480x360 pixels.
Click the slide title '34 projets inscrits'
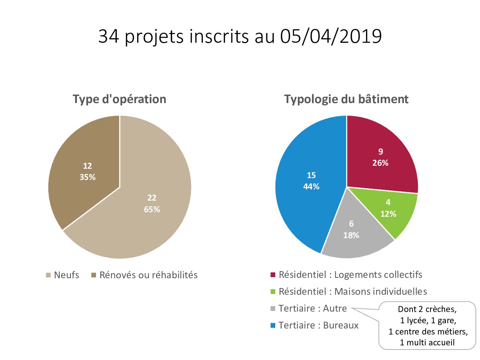click(240, 36)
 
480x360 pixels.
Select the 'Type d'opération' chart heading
click(119, 99)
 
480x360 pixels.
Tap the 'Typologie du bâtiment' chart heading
click(346, 99)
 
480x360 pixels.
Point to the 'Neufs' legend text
click(66, 275)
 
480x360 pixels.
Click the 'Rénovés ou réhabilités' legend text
click(148, 275)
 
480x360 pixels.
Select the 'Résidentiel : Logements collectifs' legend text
click(350, 274)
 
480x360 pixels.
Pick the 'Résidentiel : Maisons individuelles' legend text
click(352, 291)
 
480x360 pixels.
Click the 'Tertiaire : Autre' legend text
click(312, 308)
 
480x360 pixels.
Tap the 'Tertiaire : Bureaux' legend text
click(318, 325)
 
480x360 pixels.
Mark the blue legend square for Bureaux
click(273, 325)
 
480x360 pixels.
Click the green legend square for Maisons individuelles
click(273, 292)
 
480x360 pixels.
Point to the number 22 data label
click(152, 198)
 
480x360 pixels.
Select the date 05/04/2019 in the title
click(331, 36)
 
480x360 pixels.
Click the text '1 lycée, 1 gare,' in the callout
click(427, 321)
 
